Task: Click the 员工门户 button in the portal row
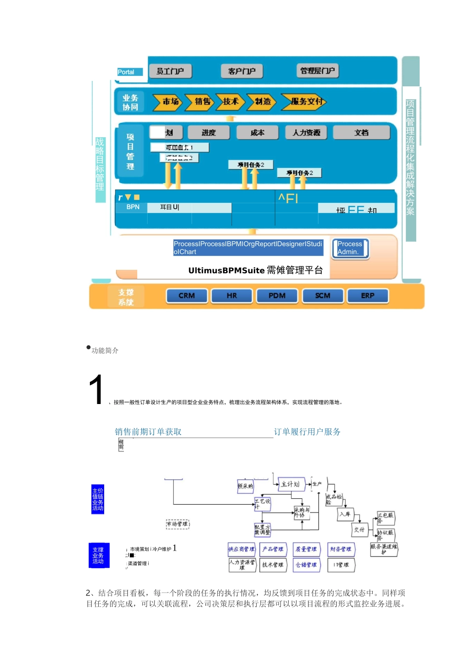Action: [170, 72]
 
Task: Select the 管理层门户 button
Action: [317, 71]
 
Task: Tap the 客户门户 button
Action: [242, 72]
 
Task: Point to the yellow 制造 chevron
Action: [262, 102]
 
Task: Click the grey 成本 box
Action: [257, 133]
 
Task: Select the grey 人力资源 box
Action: [306, 133]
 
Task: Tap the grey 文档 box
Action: [361, 133]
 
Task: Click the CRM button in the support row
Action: [187, 296]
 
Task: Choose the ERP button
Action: [368, 296]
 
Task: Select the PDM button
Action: [277, 296]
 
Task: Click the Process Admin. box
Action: [350, 248]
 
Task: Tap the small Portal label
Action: [126, 72]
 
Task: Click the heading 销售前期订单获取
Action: [148, 432]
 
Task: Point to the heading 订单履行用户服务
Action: [307, 432]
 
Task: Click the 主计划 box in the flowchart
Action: [291, 484]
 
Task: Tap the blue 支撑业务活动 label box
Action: [98, 555]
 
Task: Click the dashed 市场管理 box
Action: [178, 524]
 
